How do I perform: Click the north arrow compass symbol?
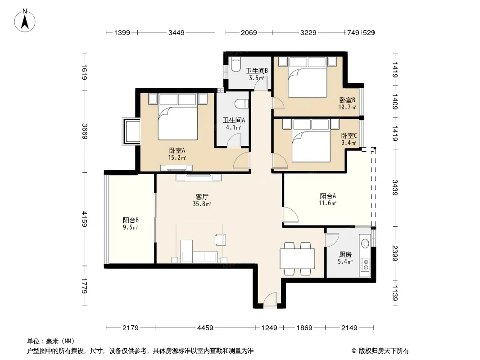click(x=25, y=21)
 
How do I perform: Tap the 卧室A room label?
click(x=177, y=150)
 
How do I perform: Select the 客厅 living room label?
click(x=202, y=197)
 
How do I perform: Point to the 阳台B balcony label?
click(x=131, y=220)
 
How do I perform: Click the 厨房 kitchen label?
click(x=345, y=255)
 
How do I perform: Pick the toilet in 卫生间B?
click(x=235, y=64)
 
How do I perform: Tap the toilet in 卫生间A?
click(x=242, y=103)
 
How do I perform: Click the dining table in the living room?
click(x=297, y=259)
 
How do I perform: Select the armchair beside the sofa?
click(x=220, y=239)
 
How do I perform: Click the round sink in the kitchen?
click(x=365, y=243)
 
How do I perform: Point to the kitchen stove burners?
click(x=365, y=265)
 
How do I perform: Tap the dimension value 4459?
click(x=205, y=328)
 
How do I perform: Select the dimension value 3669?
click(x=85, y=131)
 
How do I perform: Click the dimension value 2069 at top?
click(x=249, y=32)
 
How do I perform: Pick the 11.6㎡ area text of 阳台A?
click(x=327, y=203)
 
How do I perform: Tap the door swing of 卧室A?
click(x=241, y=161)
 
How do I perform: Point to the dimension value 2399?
click(x=395, y=253)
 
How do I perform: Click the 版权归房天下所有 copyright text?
click(x=380, y=351)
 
